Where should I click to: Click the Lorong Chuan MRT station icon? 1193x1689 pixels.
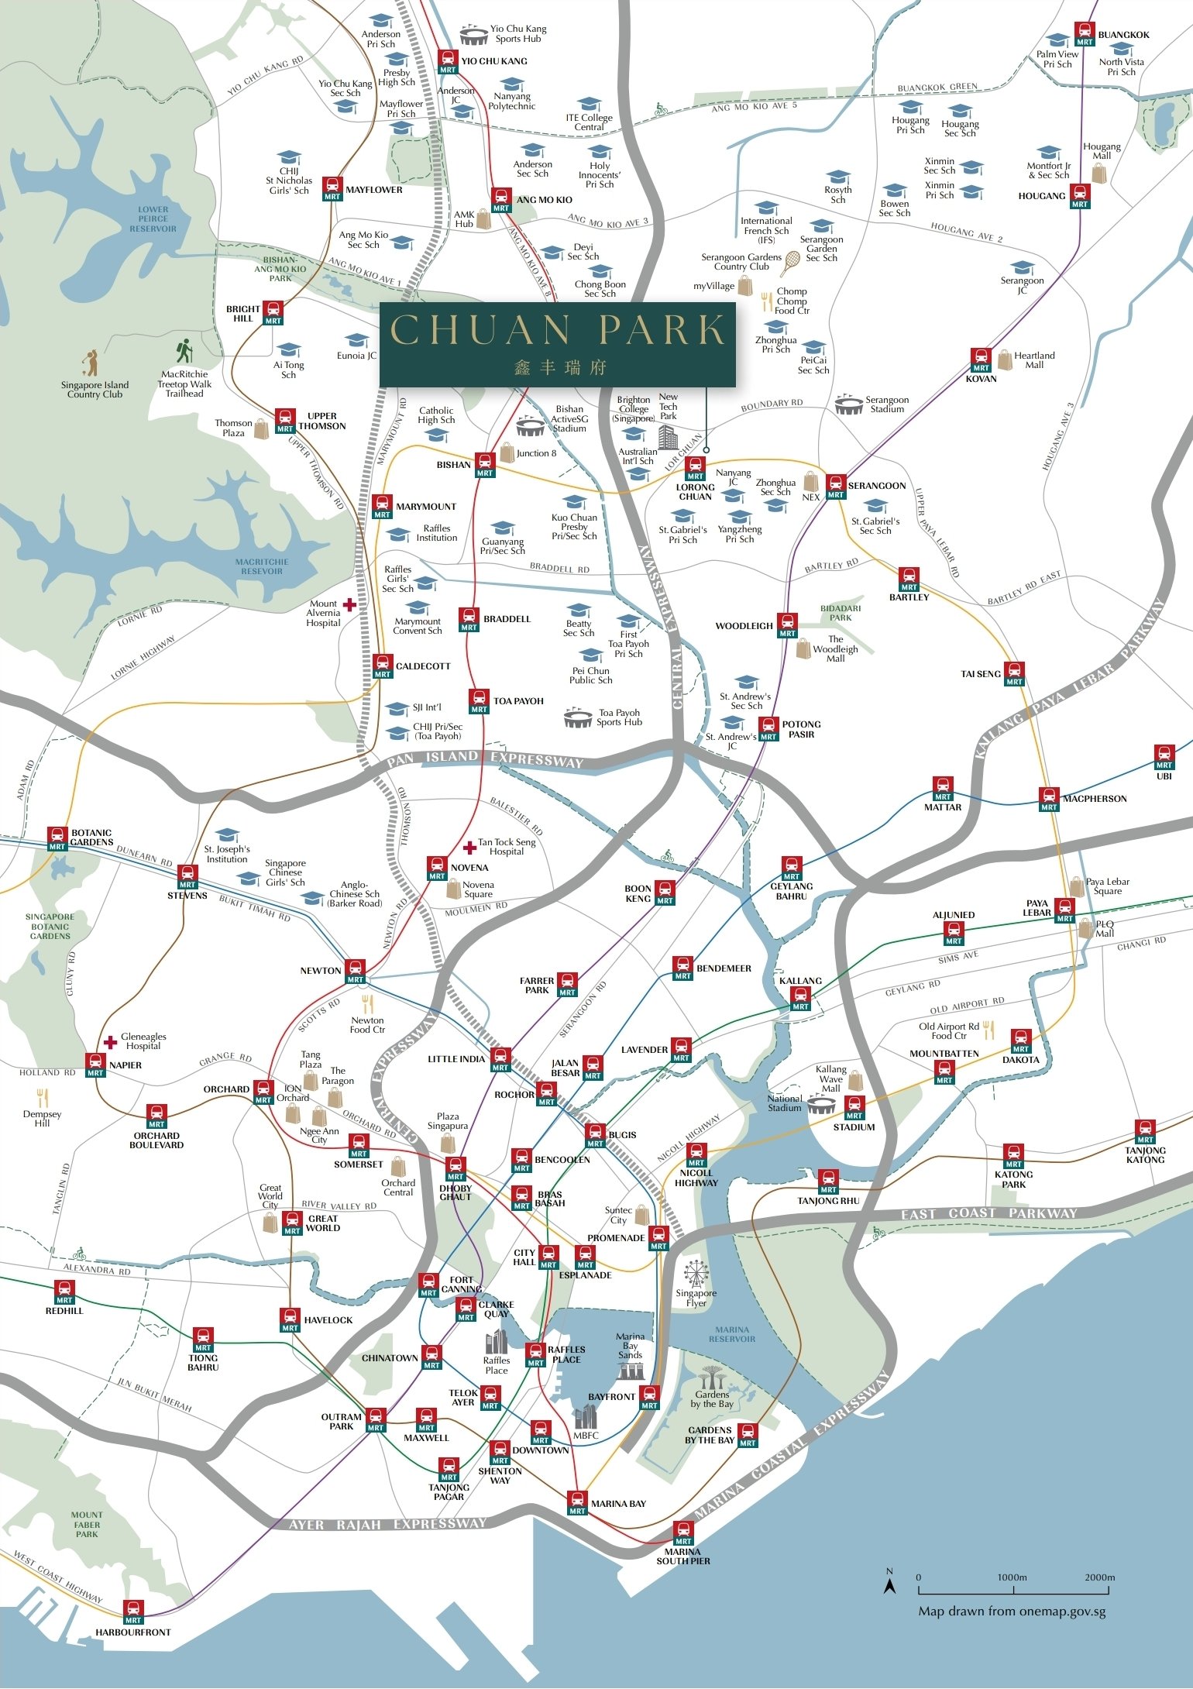click(x=695, y=468)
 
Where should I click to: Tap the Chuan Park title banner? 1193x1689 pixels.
click(x=557, y=344)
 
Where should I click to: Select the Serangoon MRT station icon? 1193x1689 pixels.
click(x=835, y=487)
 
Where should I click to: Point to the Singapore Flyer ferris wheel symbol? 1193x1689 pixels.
click(x=696, y=1273)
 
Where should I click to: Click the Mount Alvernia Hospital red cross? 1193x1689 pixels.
click(x=350, y=604)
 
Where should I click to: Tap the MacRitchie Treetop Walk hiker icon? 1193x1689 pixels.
click(x=184, y=352)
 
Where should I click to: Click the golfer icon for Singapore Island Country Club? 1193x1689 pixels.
click(x=91, y=363)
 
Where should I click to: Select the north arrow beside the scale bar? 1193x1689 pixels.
click(x=890, y=1584)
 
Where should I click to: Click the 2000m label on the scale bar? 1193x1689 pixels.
click(x=1099, y=1577)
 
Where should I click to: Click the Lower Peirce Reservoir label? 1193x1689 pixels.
click(x=153, y=219)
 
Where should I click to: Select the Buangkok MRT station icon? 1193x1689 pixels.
click(x=1085, y=34)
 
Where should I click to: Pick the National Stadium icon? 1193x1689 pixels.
click(x=822, y=1106)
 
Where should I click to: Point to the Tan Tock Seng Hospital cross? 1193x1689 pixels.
click(x=469, y=848)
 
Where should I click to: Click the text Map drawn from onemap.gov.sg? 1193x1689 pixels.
click(x=1012, y=1612)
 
